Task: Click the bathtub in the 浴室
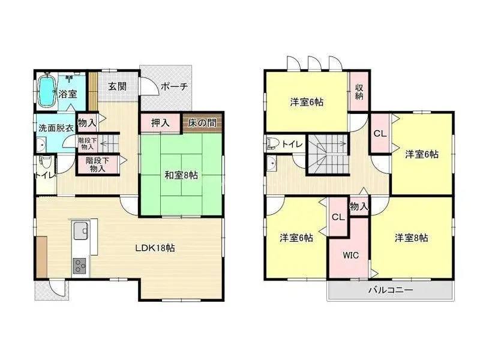(47, 91)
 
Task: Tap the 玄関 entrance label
(117, 86)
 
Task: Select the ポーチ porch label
(174, 86)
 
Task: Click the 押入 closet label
(160, 123)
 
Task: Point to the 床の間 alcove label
(202, 123)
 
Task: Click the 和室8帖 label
(181, 175)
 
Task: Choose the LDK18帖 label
(155, 248)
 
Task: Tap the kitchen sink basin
(81, 230)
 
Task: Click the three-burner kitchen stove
(80, 266)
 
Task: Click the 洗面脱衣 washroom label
(56, 128)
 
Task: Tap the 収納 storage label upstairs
(359, 92)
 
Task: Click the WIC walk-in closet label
(351, 255)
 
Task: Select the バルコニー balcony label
(391, 290)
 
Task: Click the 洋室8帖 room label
(411, 238)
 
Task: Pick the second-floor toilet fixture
(272, 143)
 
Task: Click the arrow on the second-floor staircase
(331, 143)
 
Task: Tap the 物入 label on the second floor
(359, 206)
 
